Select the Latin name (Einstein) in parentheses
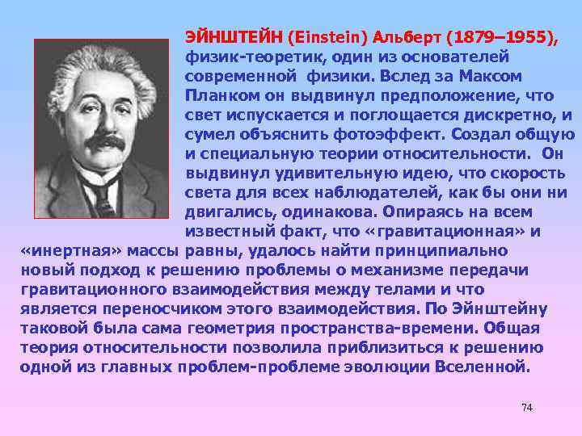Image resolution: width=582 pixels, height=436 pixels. pos(320,37)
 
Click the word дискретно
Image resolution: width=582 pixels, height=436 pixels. pos(508,115)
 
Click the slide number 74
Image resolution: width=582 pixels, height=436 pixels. pos(527,407)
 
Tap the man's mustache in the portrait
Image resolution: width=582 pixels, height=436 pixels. pos(104,142)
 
